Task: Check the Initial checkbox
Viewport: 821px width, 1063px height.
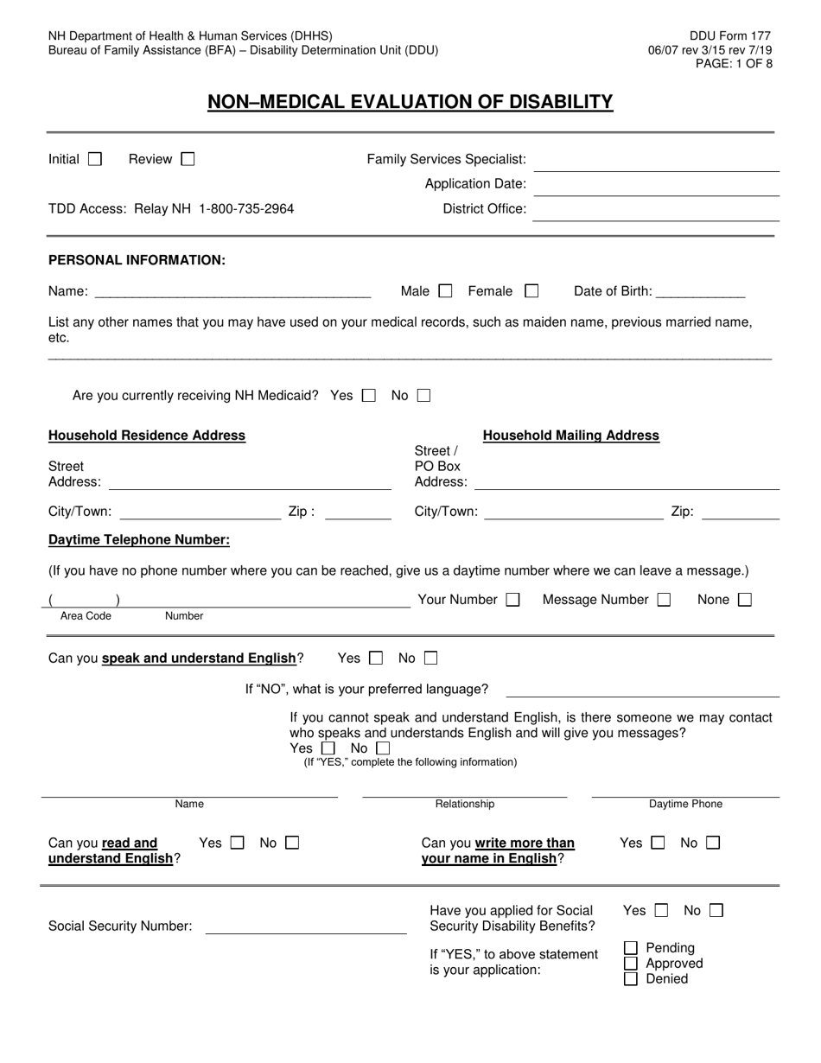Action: pyautogui.click(x=95, y=159)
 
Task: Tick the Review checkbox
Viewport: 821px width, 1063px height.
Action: pyautogui.click(x=188, y=159)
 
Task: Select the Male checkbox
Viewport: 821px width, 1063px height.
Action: pyautogui.click(x=445, y=291)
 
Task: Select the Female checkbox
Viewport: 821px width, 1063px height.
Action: pyautogui.click(x=531, y=291)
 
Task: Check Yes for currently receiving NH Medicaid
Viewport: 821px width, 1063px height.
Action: pyautogui.click(x=369, y=396)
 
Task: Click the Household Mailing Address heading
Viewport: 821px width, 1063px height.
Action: pyautogui.click(x=570, y=436)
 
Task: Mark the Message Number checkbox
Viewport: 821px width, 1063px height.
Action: pyautogui.click(x=664, y=600)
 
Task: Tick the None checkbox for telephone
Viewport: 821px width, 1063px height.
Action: pyautogui.click(x=744, y=600)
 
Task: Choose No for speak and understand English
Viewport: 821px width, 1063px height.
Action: pyautogui.click(x=430, y=659)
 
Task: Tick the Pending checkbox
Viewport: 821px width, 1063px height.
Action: pyautogui.click(x=631, y=948)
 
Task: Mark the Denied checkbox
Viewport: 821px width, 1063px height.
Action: pyautogui.click(x=631, y=979)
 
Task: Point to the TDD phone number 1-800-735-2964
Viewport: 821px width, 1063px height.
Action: pyautogui.click(x=246, y=209)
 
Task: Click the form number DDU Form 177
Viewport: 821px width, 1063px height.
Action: pyautogui.click(x=730, y=36)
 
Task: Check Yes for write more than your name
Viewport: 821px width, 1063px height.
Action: pyautogui.click(x=658, y=843)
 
